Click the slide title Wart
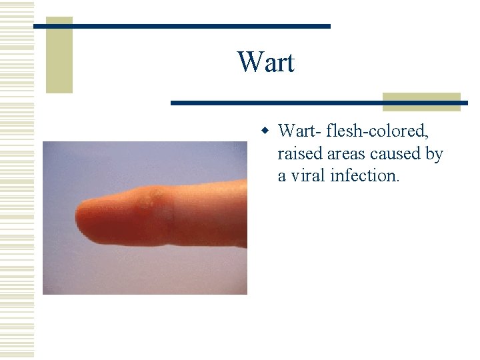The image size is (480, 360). coord(265,63)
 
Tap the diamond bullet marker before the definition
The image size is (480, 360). coord(265,129)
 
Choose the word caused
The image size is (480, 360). coord(397,154)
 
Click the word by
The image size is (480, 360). coord(434,155)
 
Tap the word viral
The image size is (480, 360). coord(309,176)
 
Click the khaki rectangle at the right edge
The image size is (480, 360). coord(421,101)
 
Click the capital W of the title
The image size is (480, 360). coord(248,63)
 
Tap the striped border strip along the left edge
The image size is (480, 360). coord(17,180)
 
